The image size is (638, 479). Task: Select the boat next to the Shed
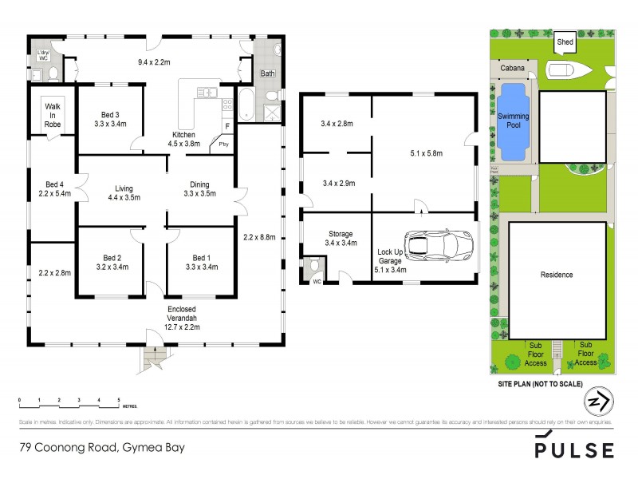[569, 69]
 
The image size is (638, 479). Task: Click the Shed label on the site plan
[565, 42]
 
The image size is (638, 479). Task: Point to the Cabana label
[513, 68]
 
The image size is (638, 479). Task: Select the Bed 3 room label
[110, 118]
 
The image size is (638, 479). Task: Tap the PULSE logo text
[574, 449]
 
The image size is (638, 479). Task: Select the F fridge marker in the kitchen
[227, 127]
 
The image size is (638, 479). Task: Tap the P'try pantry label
[216, 145]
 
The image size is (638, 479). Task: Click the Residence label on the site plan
[557, 275]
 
